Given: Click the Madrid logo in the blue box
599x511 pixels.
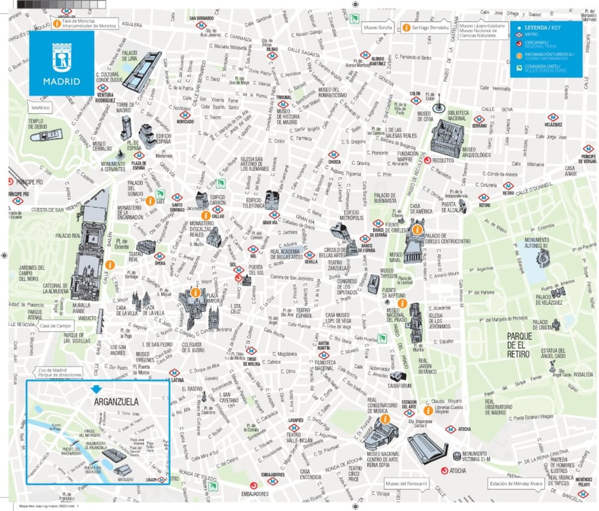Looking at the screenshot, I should point(62,64).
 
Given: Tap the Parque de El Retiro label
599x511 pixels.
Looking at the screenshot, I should point(516,346).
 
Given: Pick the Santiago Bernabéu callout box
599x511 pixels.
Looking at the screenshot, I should point(427,28).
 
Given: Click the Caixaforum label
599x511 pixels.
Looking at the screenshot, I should point(400,386).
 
